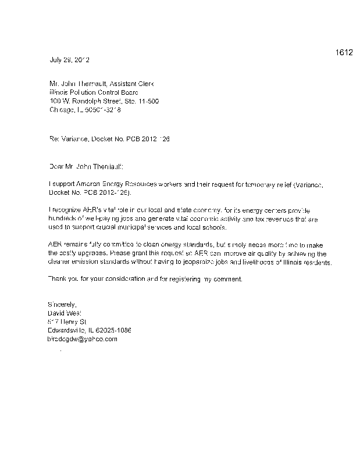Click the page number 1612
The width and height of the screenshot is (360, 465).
[344, 53]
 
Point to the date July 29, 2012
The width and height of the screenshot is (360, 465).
[68, 60]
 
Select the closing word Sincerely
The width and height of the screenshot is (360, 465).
[61, 305]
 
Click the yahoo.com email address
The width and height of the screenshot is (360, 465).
[82, 338]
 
